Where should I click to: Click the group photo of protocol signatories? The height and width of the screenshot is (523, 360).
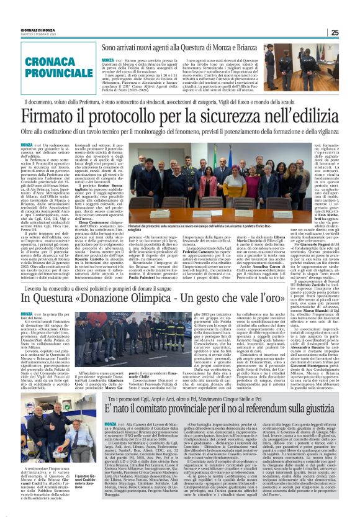(x=192, y=188)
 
